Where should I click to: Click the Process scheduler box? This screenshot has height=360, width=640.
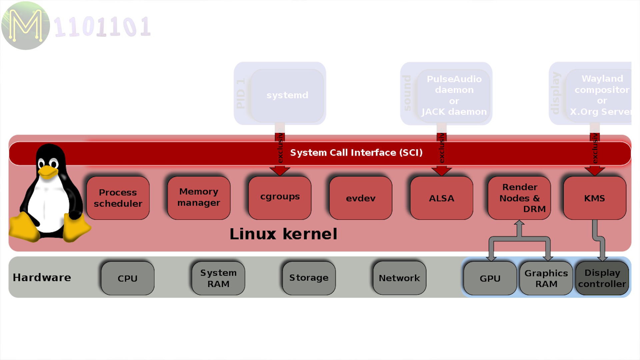click(118, 198)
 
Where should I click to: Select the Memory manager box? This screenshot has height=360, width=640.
click(199, 197)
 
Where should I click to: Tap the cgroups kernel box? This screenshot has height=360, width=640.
click(280, 197)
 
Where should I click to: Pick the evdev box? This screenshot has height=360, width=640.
click(361, 198)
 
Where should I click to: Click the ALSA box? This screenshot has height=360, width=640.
click(441, 198)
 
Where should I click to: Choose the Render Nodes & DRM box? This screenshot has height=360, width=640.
click(519, 198)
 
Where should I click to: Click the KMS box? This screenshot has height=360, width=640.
click(594, 198)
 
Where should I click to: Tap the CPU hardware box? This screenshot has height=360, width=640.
click(127, 278)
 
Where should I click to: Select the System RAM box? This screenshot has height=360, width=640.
click(218, 278)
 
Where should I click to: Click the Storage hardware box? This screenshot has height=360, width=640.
click(309, 278)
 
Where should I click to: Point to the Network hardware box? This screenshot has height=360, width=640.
click(399, 278)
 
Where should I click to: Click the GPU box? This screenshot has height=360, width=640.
click(490, 278)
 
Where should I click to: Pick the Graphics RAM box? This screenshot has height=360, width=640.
click(546, 278)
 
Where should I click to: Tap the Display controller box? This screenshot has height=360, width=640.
click(602, 278)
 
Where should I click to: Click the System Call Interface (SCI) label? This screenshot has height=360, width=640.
click(356, 153)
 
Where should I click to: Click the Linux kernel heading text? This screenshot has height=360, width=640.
click(283, 234)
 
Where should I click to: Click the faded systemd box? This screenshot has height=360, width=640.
click(287, 95)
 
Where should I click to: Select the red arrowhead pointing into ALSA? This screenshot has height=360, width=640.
click(441, 171)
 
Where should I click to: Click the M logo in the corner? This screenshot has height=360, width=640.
click(26, 26)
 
